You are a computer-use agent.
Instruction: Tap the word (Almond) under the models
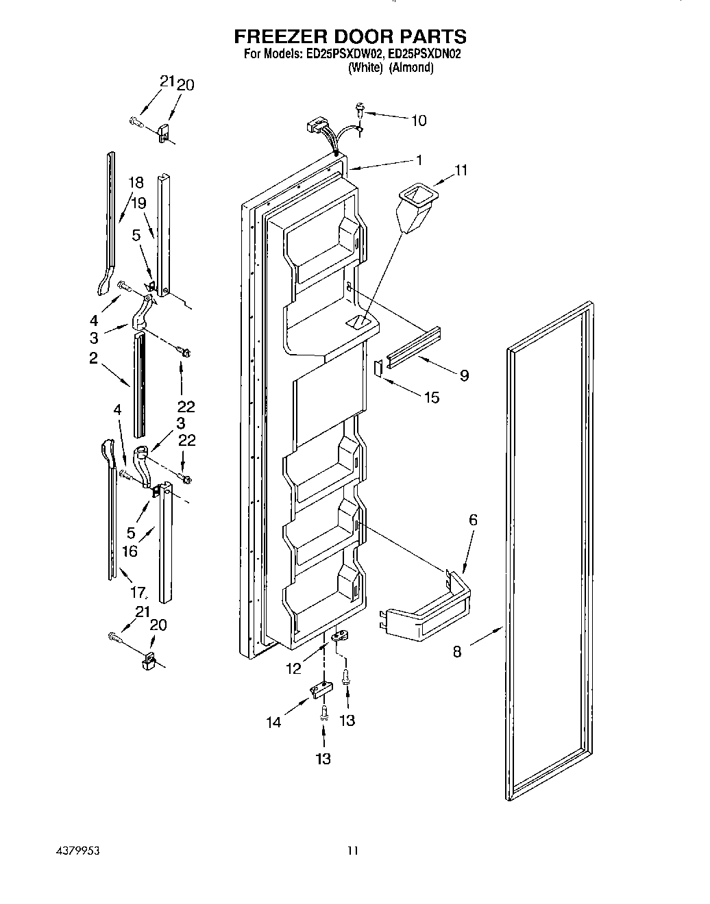click(x=411, y=67)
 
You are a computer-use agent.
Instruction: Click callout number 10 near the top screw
click(x=418, y=121)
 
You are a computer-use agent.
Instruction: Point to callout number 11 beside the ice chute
click(x=461, y=171)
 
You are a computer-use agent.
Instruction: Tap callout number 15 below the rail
click(x=432, y=397)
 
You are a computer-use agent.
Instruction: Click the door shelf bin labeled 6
click(x=429, y=607)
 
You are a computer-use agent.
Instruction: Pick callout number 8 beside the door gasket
click(x=457, y=651)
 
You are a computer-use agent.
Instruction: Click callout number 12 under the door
click(x=293, y=668)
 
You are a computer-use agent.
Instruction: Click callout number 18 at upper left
click(x=136, y=182)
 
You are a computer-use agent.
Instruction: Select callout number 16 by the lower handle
click(x=130, y=551)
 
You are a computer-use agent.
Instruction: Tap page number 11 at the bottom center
click(x=352, y=851)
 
